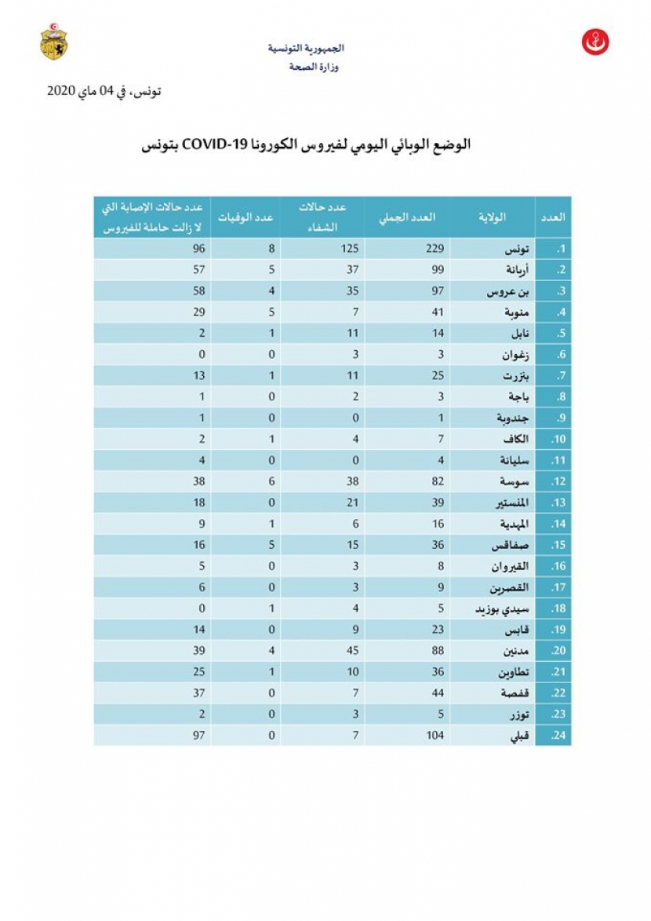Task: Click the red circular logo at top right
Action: tap(595, 42)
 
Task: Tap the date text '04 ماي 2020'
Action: tap(87, 91)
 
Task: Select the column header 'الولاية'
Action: tap(493, 217)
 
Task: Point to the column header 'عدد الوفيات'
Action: tap(245, 217)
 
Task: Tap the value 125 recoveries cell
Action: tap(349, 249)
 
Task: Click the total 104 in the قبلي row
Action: tap(435, 735)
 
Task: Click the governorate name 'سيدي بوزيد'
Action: tap(503, 609)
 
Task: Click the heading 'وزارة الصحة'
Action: tap(314, 68)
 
